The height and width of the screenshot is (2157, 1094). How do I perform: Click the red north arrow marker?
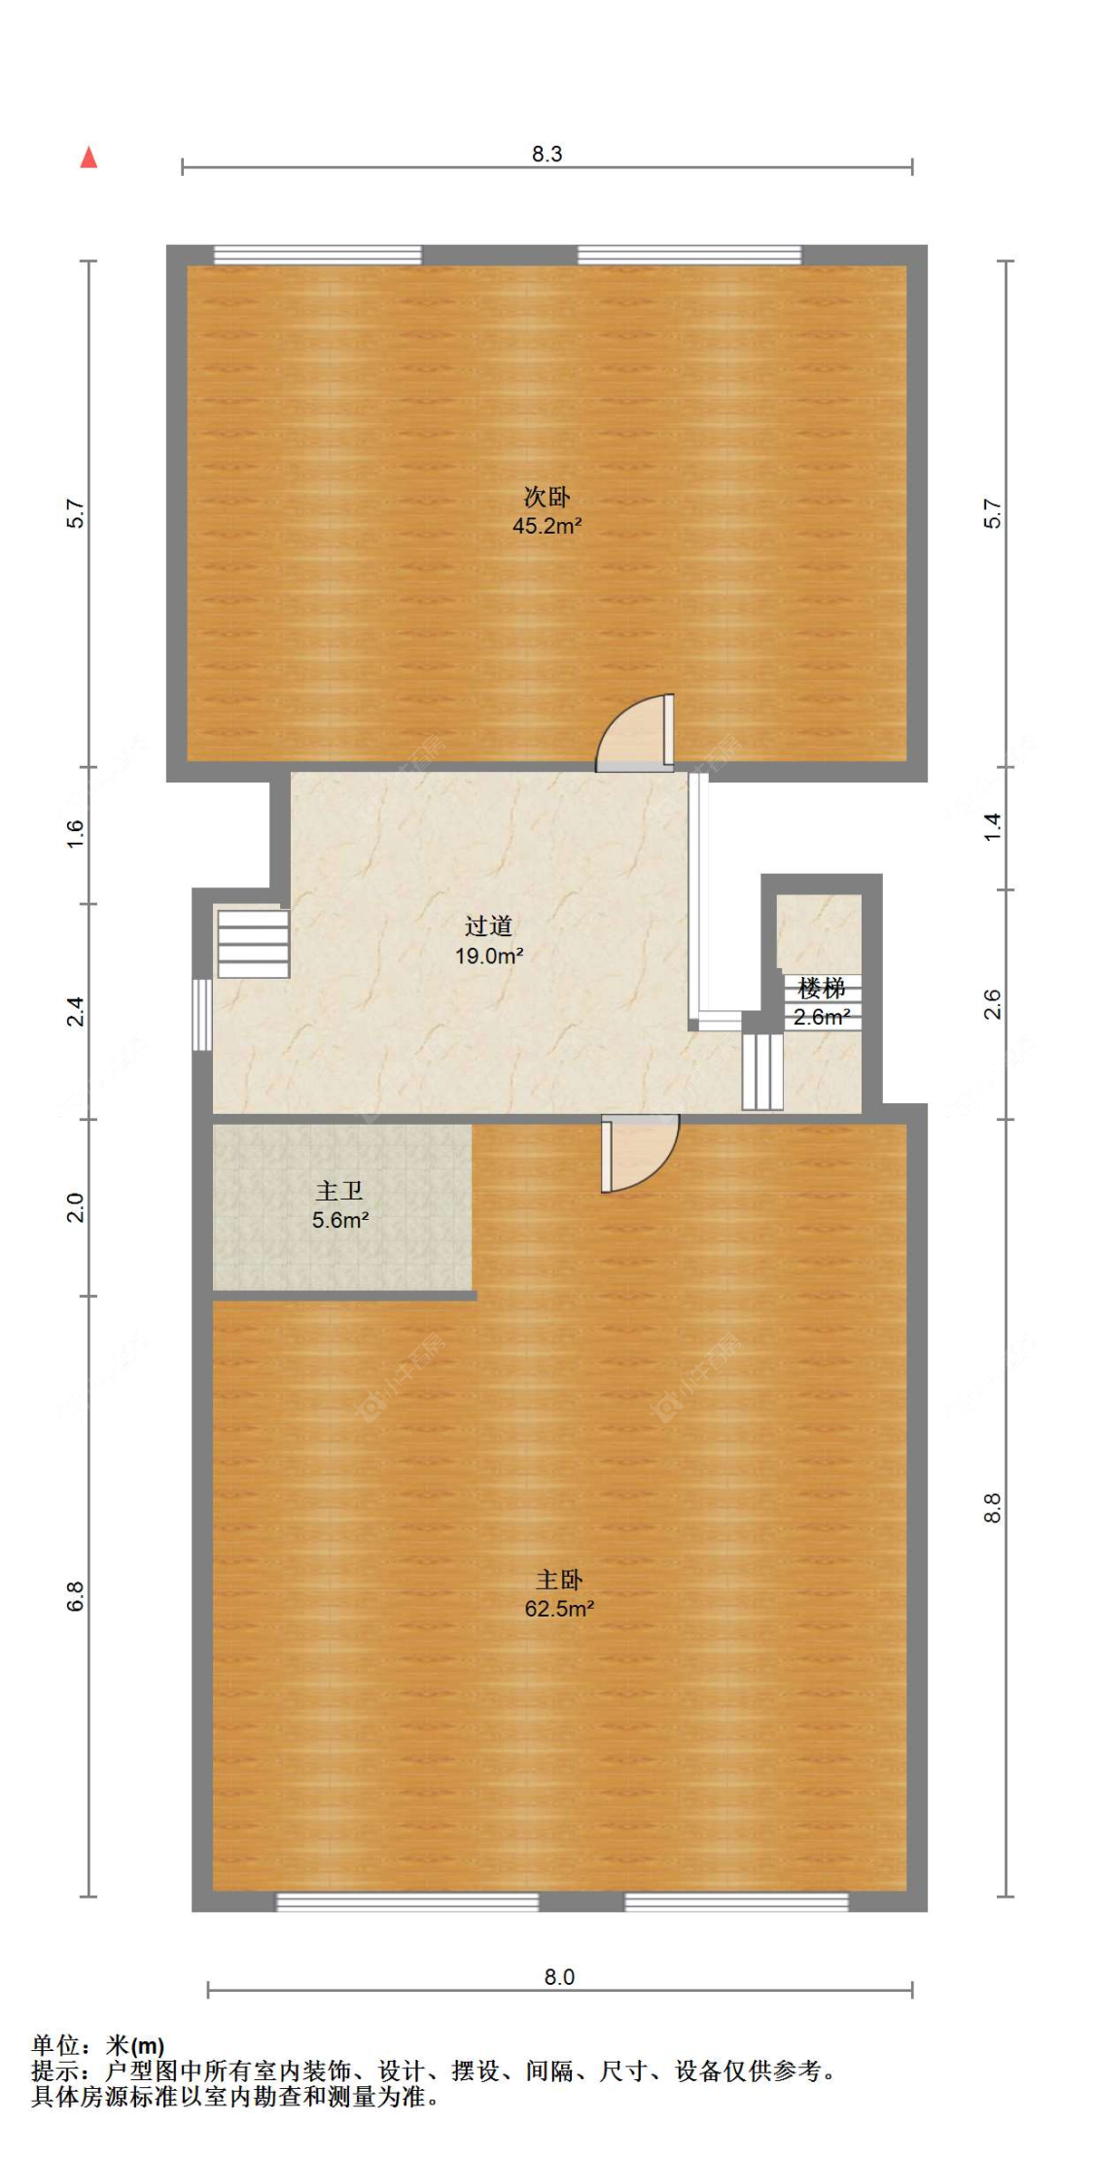pyautogui.click(x=88, y=157)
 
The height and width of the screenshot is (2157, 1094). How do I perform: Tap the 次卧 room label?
pyautogui.click(x=547, y=497)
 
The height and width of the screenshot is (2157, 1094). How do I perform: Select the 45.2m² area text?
pyautogui.click(x=547, y=526)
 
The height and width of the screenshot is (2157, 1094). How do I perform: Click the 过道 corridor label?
pyautogui.click(x=488, y=925)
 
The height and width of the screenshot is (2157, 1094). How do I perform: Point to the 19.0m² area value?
pyautogui.click(x=489, y=956)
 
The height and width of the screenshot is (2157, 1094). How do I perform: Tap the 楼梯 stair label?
pyautogui.click(x=822, y=989)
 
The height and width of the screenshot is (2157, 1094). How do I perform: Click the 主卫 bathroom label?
pyautogui.click(x=339, y=1191)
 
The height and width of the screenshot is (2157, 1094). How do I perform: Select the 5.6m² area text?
pyautogui.click(x=340, y=1220)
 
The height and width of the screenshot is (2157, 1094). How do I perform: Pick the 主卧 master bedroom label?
pyautogui.click(x=559, y=1580)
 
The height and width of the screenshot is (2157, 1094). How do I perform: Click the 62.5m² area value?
pyautogui.click(x=559, y=1609)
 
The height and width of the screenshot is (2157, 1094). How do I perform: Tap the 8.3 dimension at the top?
pyautogui.click(x=547, y=154)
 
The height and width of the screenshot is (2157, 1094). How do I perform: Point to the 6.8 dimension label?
pyautogui.click(x=76, y=1597)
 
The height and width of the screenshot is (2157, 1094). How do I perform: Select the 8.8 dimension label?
pyautogui.click(x=992, y=1508)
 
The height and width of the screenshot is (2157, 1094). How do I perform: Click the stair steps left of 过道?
pyautogui.click(x=253, y=943)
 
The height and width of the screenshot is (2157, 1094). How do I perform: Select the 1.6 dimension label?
pyautogui.click(x=76, y=834)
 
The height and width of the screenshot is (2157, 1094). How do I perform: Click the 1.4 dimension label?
pyautogui.click(x=992, y=827)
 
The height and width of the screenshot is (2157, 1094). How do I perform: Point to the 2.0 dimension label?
pyautogui.click(x=76, y=1207)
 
